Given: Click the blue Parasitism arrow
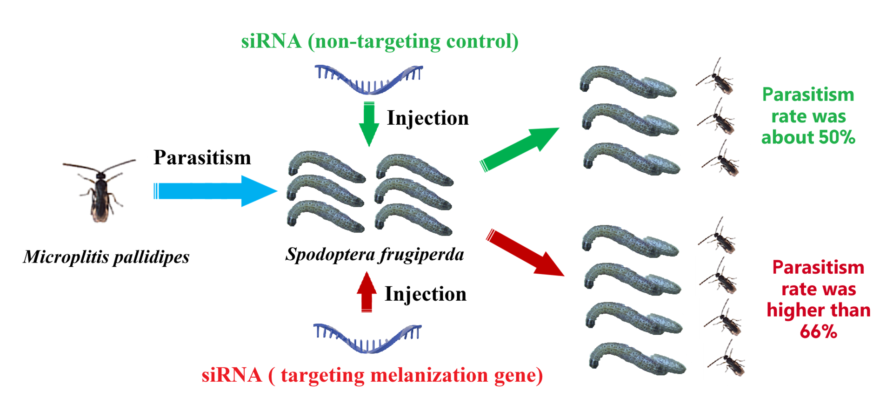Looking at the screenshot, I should click(x=214, y=191).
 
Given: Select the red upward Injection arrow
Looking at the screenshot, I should click(x=367, y=292).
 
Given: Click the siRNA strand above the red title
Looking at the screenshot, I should click(x=367, y=338).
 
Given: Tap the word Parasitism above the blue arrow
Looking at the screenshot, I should click(x=202, y=158).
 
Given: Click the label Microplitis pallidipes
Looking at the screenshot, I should click(x=107, y=257).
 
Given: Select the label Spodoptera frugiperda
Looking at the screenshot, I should click(x=375, y=255).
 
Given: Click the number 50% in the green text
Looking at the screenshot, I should click(x=835, y=137).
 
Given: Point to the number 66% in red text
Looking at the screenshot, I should click(x=819, y=331).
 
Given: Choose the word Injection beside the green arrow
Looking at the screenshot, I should click(x=428, y=118).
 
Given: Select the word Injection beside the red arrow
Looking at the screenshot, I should click(x=426, y=294).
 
